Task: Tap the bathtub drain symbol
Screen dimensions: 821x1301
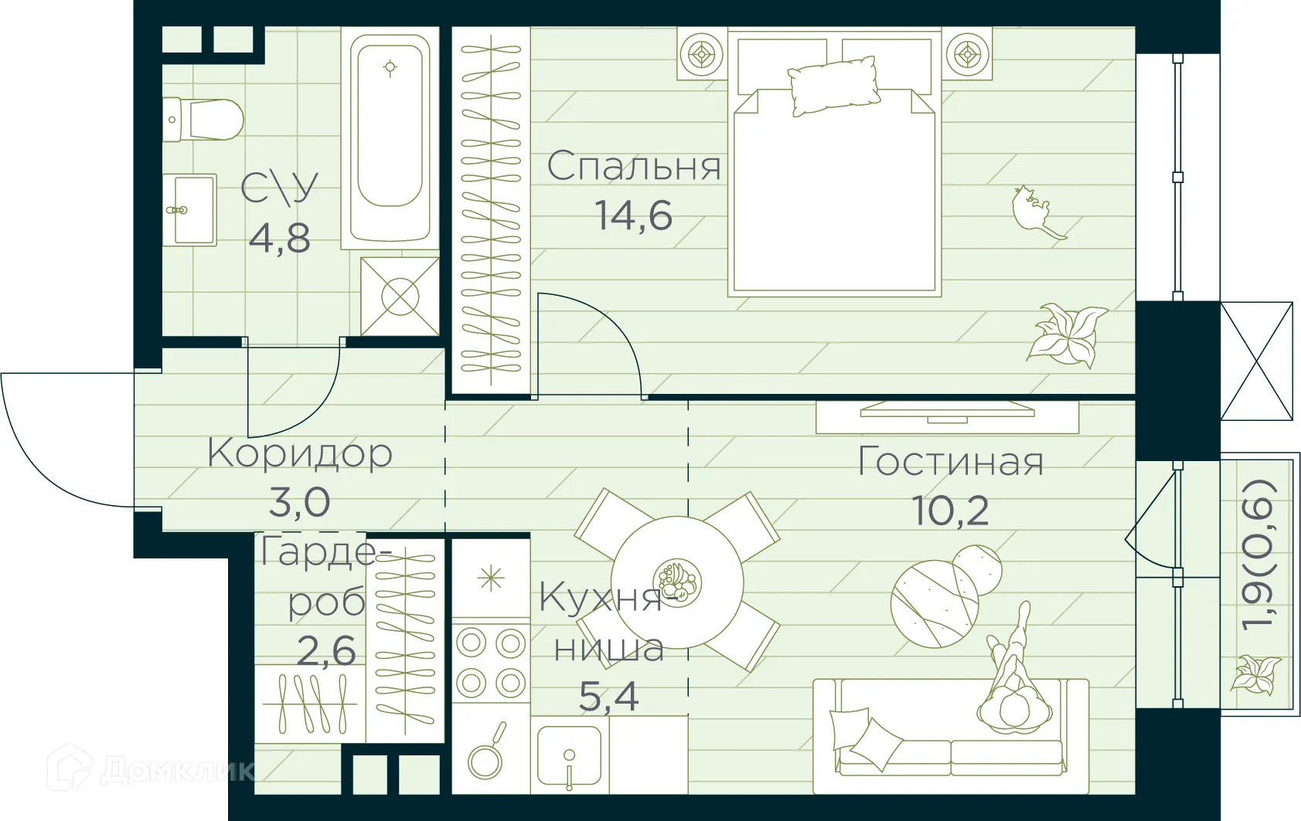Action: [390, 68]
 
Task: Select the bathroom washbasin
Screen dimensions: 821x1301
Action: [189, 209]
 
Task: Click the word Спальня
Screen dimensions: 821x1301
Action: [634, 167]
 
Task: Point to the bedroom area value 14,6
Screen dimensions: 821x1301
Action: [633, 215]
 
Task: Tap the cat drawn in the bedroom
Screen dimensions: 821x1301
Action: [1036, 212]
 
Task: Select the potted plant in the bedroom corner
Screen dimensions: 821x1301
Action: [1067, 334]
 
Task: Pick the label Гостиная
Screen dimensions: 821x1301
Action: [950, 462]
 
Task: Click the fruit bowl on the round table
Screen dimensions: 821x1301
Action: [676, 582]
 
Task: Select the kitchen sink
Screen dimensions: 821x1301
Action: [570, 757]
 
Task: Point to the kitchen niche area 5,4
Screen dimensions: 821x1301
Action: [608, 697]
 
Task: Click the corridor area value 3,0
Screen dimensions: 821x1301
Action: [299, 503]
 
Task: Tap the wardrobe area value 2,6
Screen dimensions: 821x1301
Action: [326, 651]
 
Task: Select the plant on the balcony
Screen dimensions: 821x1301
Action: [1255, 674]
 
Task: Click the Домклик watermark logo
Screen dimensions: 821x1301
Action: [151, 769]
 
